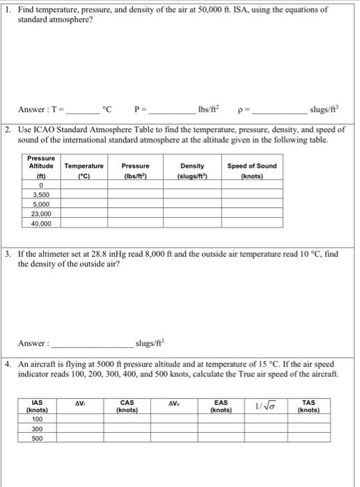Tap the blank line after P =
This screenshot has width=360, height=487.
[172, 111]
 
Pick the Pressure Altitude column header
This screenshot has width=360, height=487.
[40, 166]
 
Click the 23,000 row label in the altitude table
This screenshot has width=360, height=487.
[40, 215]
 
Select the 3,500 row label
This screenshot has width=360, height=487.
[40, 195]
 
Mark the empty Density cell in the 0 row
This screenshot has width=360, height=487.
[191, 186]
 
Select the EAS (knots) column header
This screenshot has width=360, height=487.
[220, 406]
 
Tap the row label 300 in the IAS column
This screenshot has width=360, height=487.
[37, 429]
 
